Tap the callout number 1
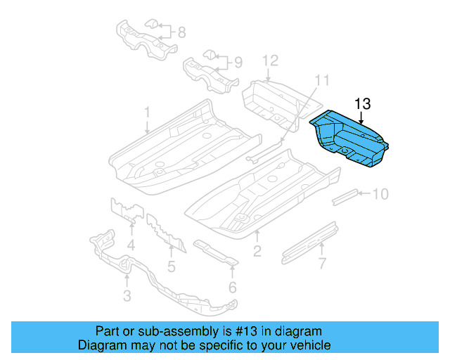tap(148, 112)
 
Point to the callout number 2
tap(257, 250)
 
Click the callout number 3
tap(127, 296)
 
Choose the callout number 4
tap(131, 245)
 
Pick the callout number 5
tap(171, 266)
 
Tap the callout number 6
tap(232, 287)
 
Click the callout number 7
tap(322, 264)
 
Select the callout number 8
tap(181, 32)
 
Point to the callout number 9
tap(238, 63)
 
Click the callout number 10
tap(380, 193)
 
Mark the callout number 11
tap(321, 79)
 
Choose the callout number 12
tap(271, 61)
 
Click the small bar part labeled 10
tap(346, 195)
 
